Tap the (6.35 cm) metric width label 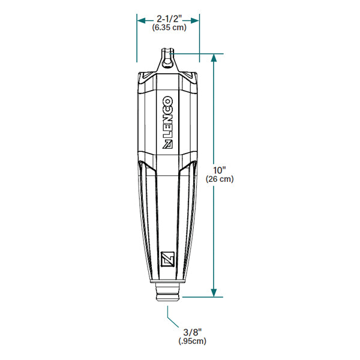[x=168, y=28]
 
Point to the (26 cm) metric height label [x=219, y=179]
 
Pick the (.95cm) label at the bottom [x=192, y=341]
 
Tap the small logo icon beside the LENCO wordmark [x=169, y=144]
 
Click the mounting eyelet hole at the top [x=169, y=58]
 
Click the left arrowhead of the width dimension [x=141, y=19]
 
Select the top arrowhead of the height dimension [x=214, y=58]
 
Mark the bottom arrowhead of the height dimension [x=214, y=292]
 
